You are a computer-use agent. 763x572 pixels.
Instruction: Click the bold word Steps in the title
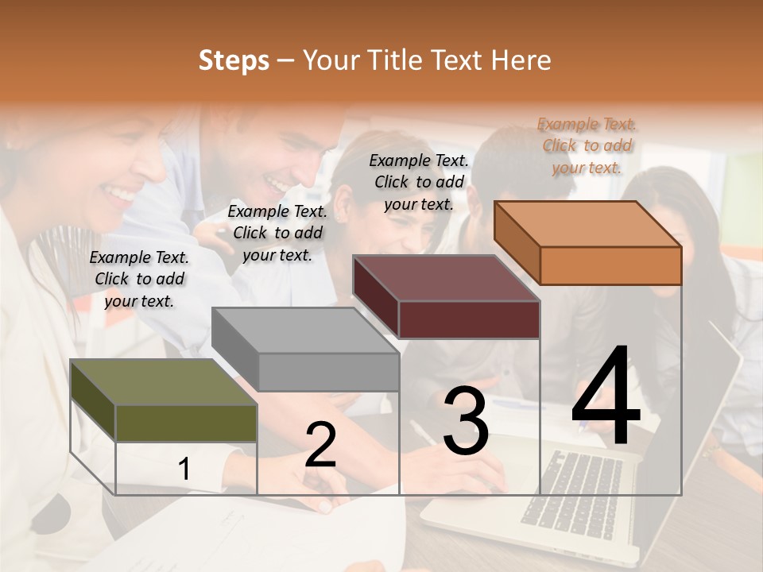(x=234, y=60)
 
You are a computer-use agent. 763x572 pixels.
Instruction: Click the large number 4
(x=606, y=397)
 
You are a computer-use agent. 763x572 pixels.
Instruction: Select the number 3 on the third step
(x=466, y=421)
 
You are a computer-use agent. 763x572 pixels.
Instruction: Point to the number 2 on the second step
(x=320, y=445)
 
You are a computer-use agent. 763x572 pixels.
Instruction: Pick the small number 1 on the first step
(x=184, y=470)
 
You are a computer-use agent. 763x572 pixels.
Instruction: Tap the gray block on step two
(x=306, y=330)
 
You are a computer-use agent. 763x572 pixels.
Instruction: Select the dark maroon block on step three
(x=445, y=278)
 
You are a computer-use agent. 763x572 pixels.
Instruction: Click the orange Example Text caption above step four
(x=587, y=145)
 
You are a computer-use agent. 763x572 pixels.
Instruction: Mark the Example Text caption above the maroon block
(x=419, y=182)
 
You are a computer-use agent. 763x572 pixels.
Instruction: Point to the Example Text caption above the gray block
(x=277, y=233)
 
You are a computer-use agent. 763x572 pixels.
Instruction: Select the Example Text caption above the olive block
(x=139, y=279)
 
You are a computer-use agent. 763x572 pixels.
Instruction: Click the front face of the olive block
(x=186, y=423)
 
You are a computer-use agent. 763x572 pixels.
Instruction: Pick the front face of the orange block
(x=610, y=265)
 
